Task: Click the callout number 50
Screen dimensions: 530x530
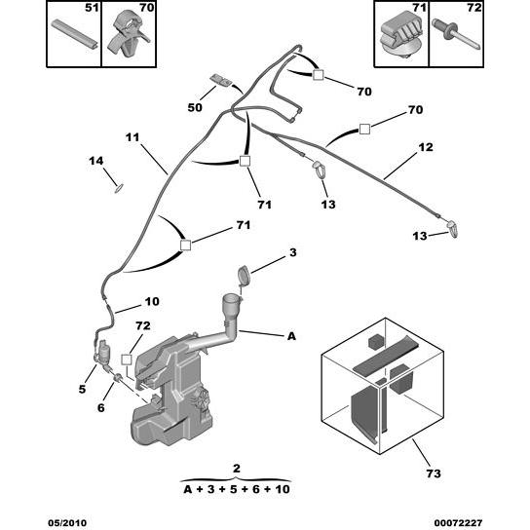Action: tap(195, 107)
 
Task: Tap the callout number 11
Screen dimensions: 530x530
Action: tap(132, 137)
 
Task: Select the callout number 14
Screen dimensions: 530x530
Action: tap(96, 161)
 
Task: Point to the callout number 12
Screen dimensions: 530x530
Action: tap(426, 147)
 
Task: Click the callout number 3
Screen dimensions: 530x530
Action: tap(292, 252)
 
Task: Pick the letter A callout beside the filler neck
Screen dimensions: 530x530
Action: tap(291, 336)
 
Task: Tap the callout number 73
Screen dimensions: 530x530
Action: tap(434, 473)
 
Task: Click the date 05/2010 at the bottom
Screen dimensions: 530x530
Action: tap(67, 523)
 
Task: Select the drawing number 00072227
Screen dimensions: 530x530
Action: tap(458, 523)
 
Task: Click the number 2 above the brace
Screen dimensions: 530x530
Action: tap(237, 469)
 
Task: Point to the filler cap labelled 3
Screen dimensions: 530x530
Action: tap(243, 274)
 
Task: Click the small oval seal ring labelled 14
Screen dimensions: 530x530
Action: tap(119, 189)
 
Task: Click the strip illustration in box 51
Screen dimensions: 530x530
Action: tap(75, 34)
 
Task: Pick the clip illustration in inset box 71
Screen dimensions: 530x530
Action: tap(401, 35)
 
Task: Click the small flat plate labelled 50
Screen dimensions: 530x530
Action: tap(221, 80)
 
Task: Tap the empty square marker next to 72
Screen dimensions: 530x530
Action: tap(127, 360)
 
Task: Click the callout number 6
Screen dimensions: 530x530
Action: tap(101, 408)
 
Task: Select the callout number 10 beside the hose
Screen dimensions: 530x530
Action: tap(152, 301)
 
